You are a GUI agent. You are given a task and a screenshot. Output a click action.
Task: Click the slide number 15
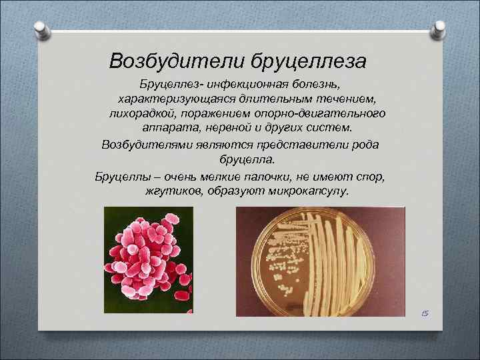coord(425,313)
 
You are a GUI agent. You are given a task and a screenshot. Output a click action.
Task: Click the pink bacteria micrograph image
coord(148,260)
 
